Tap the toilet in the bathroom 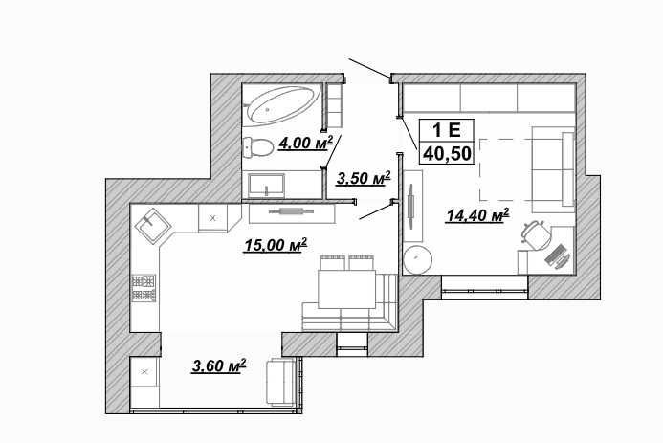[x=257, y=147]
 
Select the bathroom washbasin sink [x=266, y=186]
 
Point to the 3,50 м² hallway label [x=363, y=178]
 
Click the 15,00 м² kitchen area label [x=276, y=245]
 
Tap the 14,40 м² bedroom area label [x=477, y=215]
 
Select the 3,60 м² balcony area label [x=218, y=365]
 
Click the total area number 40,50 [x=447, y=154]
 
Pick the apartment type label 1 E [x=447, y=130]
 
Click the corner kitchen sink [x=153, y=226]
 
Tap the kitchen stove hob [x=144, y=288]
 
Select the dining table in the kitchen [x=346, y=289]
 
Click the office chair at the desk [x=537, y=234]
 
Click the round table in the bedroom [x=418, y=258]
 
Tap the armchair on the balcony [x=280, y=382]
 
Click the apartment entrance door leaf [x=369, y=69]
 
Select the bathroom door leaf [x=332, y=150]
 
